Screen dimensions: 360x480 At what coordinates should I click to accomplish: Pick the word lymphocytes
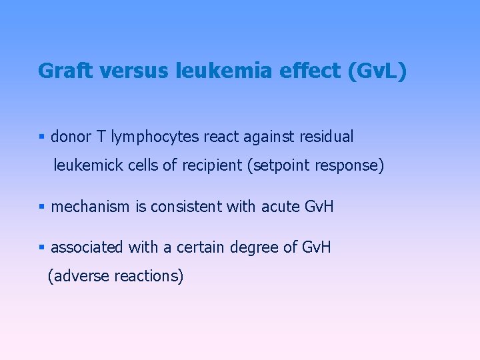point(155,137)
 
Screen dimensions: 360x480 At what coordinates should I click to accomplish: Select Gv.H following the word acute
point(318,207)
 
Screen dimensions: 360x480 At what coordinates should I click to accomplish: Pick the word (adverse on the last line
point(79,275)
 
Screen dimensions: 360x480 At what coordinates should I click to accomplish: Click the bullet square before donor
point(41,137)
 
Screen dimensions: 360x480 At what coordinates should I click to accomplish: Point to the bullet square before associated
point(41,248)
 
